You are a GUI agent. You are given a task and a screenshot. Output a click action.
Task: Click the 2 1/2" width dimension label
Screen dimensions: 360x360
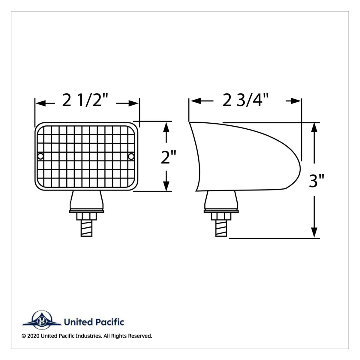click(85, 101)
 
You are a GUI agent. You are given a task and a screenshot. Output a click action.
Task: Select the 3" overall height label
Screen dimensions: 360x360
click(317, 181)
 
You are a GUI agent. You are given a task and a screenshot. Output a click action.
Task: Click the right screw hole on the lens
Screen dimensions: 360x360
click(131, 156)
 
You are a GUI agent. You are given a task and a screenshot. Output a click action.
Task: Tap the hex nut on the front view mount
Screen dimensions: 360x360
click(87, 217)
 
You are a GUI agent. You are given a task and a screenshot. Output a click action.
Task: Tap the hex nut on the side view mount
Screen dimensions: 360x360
click(221, 217)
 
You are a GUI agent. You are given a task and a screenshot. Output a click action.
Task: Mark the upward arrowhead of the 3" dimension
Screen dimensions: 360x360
click(314, 127)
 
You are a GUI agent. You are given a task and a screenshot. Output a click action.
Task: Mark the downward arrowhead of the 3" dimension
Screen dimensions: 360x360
click(314, 232)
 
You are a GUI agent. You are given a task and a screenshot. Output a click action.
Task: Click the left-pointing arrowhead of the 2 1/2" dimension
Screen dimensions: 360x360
click(40, 103)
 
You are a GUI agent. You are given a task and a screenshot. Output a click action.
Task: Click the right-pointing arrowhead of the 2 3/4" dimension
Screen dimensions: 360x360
click(296, 101)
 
